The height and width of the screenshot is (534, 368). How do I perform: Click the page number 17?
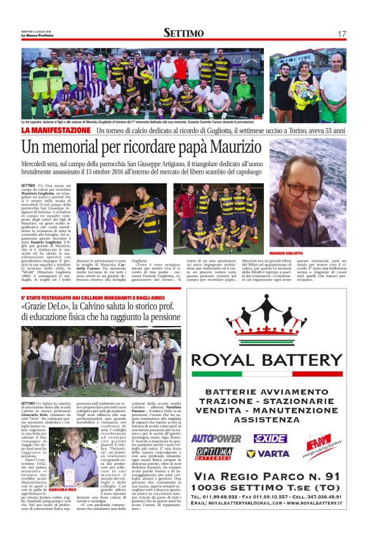[x=342, y=34]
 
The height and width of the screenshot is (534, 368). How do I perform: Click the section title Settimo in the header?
[x=183, y=33]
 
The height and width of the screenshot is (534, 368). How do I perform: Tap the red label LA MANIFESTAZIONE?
[x=56, y=130]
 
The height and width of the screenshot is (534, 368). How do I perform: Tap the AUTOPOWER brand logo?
[x=216, y=438]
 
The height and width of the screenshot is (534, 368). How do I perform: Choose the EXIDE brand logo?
[x=270, y=438]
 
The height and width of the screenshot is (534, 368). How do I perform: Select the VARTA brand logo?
[x=269, y=454]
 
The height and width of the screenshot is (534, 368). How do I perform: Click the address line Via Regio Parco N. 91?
[x=275, y=477]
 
